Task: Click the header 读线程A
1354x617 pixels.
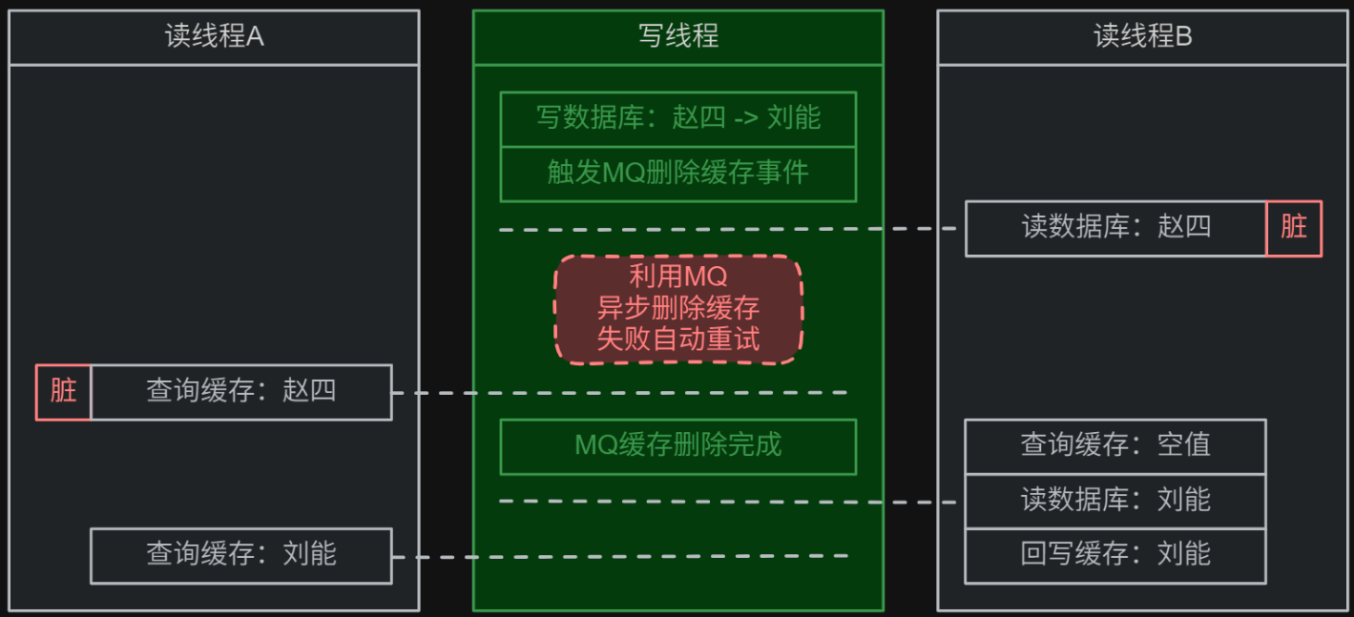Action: click(x=214, y=37)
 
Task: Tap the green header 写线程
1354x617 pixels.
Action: click(x=677, y=37)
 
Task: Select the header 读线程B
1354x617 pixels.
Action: click(x=1142, y=37)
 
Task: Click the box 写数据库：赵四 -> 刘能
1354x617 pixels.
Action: click(x=677, y=118)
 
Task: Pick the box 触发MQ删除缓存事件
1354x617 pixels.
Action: click(x=677, y=173)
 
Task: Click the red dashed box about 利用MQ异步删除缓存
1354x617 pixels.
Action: click(x=677, y=308)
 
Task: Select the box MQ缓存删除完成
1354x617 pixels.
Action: click(x=677, y=445)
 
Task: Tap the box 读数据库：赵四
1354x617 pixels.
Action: click(x=1115, y=227)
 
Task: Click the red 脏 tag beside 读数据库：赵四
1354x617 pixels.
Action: click(x=1293, y=227)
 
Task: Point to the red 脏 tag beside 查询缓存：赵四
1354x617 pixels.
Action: click(x=63, y=391)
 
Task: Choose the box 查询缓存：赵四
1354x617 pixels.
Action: click(x=240, y=391)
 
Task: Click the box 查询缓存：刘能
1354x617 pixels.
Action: click(x=240, y=554)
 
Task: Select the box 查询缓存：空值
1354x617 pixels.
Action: click(x=1114, y=445)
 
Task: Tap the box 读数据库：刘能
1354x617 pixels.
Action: click(x=1114, y=500)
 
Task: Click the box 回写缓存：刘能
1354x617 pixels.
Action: click(x=1114, y=554)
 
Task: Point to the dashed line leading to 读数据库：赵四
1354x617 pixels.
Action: click(x=725, y=229)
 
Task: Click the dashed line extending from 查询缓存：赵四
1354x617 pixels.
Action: click(x=620, y=392)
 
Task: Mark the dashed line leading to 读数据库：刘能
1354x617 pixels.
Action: click(x=725, y=501)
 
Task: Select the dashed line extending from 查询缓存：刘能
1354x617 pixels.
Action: click(x=620, y=555)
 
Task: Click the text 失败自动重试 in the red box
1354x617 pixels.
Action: click(x=677, y=339)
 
